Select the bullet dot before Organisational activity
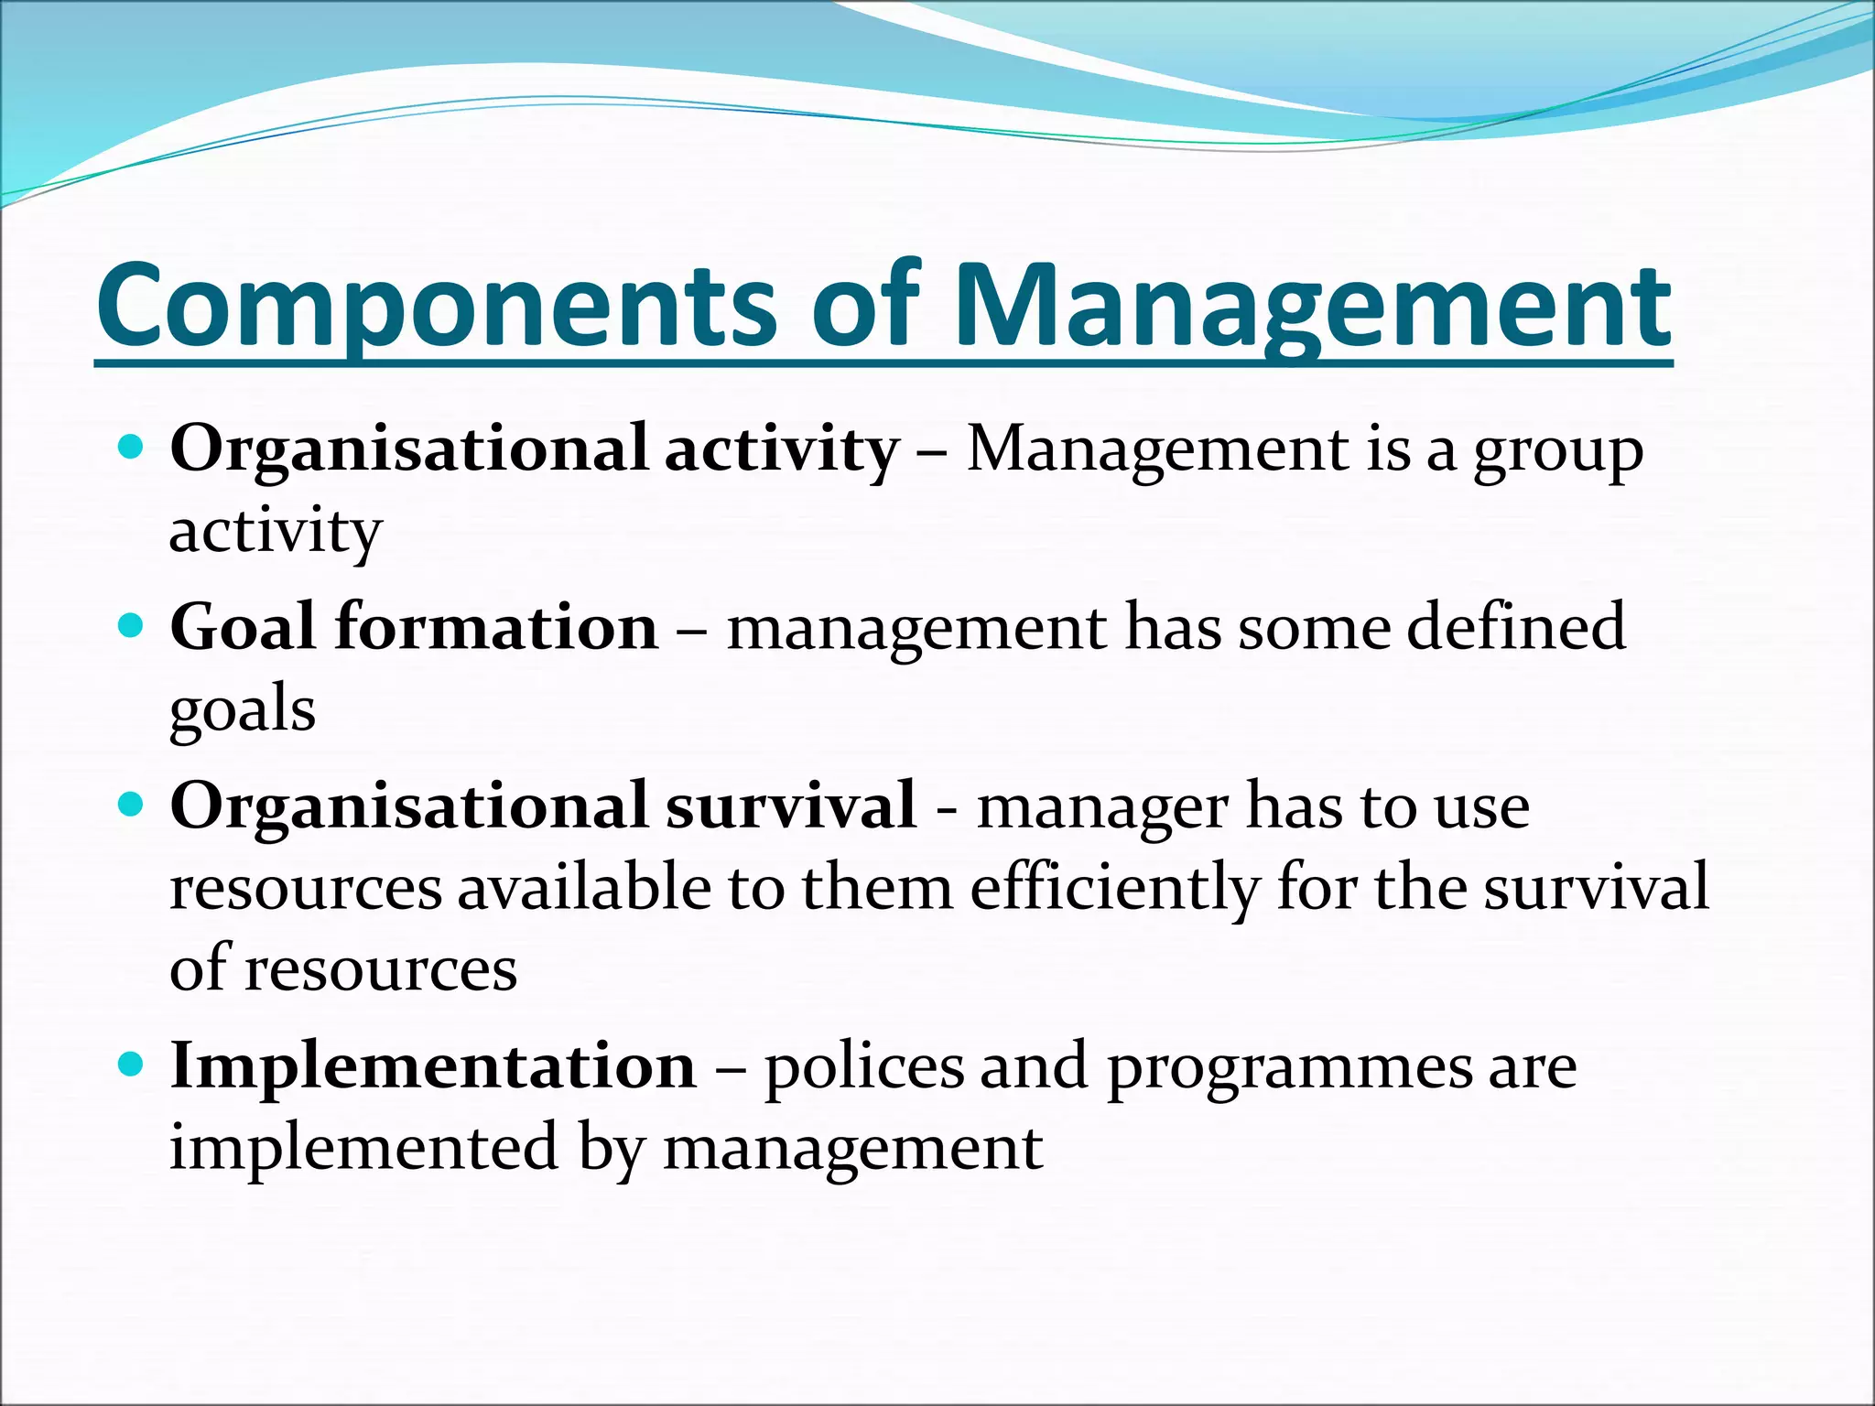coord(132,449)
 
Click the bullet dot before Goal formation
coord(132,627)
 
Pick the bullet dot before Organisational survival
coord(132,806)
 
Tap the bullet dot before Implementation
coord(132,1065)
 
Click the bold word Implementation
coord(433,1066)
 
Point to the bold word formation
coord(496,628)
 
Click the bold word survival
coord(790,806)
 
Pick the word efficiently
coord(1113,889)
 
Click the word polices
coord(864,1068)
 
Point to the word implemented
coord(363,1149)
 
